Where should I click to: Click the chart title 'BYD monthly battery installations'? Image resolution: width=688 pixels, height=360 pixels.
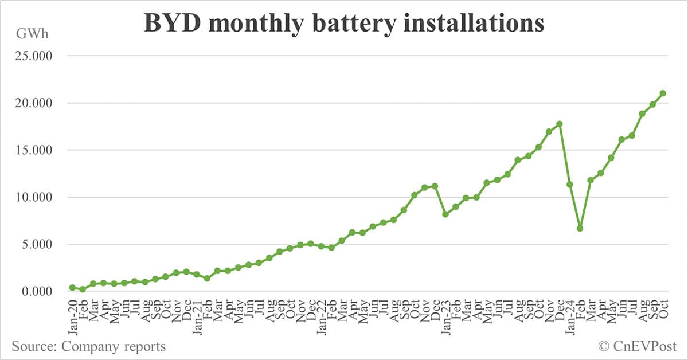[x=343, y=24]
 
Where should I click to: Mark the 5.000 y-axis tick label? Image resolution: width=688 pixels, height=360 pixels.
[x=34, y=244]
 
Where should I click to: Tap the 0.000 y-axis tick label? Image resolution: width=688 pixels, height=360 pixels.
[x=34, y=291]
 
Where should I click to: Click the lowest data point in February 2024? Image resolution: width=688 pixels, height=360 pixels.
[x=580, y=228]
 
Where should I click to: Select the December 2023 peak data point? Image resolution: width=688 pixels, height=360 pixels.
[x=560, y=124]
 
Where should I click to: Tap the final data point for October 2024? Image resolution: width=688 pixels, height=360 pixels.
[x=663, y=93]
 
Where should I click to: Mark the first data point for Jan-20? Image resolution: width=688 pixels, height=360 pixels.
[x=72, y=287]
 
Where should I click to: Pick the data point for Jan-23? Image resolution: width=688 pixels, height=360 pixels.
[x=445, y=214]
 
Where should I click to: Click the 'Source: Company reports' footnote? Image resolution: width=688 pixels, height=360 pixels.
[x=88, y=346]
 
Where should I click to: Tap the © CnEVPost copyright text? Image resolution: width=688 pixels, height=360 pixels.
[x=637, y=346]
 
